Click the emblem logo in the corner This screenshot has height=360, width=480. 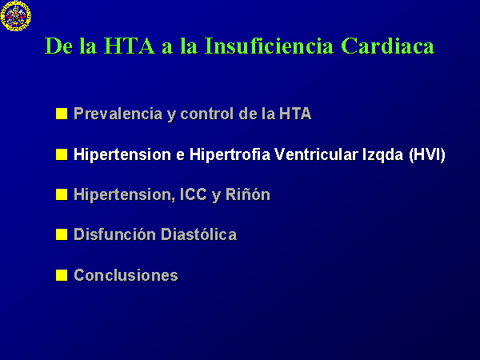coord(16,16)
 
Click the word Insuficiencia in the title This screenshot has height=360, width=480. coord(269,46)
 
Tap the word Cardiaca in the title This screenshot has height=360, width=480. coord(387,46)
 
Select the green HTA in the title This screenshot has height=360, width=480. coord(130,46)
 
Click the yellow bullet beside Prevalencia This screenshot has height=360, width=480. coord(62,114)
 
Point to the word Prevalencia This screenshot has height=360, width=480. coord(118,114)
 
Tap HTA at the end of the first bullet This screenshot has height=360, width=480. coord(295,114)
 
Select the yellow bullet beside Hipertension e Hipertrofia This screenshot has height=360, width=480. coord(62,154)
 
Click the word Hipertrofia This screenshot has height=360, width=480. coord(230,154)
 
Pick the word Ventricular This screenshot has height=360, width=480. coord(317,154)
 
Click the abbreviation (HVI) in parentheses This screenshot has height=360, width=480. coord(427,154)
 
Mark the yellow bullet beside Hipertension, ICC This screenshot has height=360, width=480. coord(62,194)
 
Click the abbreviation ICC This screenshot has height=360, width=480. coord(193,194)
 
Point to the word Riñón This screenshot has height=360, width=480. coord(248,194)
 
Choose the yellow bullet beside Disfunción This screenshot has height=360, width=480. coord(62,234)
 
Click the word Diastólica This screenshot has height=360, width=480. coord(198,234)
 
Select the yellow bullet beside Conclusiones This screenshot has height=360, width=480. coord(62,275)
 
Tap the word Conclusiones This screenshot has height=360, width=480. coord(126,275)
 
